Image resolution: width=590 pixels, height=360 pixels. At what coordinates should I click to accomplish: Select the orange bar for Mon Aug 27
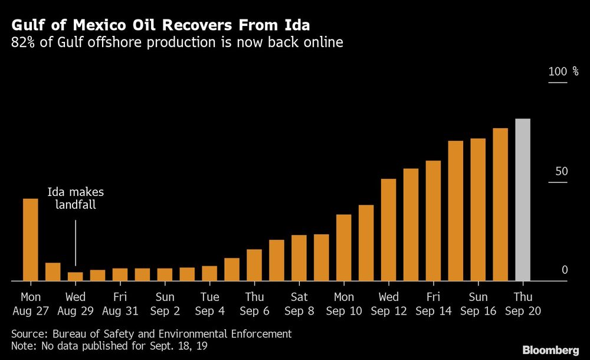(x=30, y=240)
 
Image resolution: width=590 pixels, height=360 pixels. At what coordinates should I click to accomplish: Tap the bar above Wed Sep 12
(x=388, y=230)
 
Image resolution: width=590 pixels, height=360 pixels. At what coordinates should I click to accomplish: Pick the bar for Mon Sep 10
(x=343, y=247)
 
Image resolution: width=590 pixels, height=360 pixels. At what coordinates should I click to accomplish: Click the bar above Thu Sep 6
(x=254, y=265)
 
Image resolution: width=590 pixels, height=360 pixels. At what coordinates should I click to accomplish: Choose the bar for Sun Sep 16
(x=478, y=210)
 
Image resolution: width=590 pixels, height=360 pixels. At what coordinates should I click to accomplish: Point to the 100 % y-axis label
(x=564, y=71)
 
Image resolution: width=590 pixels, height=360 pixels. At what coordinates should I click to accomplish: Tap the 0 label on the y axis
(x=564, y=270)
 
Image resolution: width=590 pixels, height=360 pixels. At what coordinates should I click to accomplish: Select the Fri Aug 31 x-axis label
(x=120, y=303)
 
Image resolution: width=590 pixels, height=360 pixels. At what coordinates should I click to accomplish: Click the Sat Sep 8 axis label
(x=299, y=303)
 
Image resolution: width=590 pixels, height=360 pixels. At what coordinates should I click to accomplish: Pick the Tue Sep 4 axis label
(x=209, y=303)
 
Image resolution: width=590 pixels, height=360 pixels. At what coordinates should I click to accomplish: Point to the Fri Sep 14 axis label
(x=433, y=303)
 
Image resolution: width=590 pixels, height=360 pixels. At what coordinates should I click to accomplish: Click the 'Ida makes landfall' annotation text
(x=76, y=199)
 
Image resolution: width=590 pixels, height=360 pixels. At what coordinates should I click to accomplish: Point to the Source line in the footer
(x=151, y=333)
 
